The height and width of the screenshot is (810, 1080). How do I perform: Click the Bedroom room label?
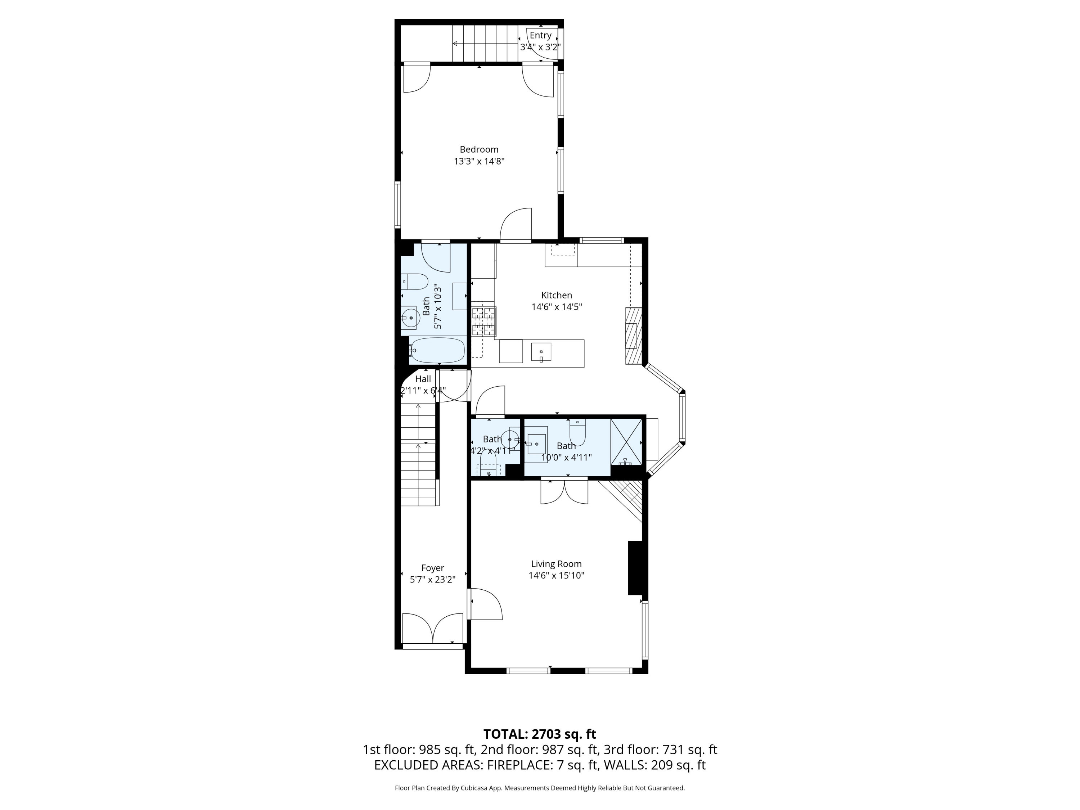coord(479,149)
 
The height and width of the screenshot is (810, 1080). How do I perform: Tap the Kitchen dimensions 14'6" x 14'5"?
coord(557,307)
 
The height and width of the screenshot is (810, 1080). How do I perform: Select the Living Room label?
coord(556,564)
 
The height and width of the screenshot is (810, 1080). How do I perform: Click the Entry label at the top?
coord(540,35)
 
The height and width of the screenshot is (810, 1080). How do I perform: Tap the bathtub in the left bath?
coord(437,350)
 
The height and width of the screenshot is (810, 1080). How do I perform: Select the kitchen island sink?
coord(541,351)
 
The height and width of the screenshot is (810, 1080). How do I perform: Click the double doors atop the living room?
coord(564,492)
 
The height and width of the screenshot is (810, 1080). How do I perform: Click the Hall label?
coord(423,379)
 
